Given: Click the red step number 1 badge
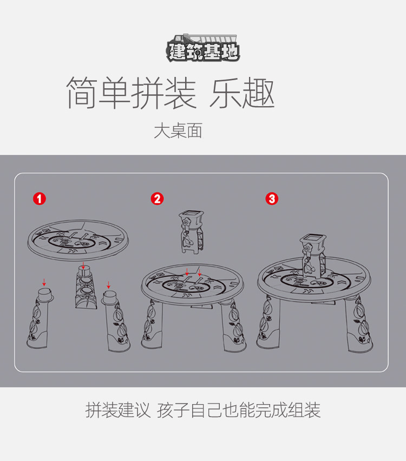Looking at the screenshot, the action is point(40,199).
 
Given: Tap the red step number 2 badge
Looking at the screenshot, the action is point(157,199).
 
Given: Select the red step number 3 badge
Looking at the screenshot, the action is point(272,199).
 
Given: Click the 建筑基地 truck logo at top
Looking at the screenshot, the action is point(202,48).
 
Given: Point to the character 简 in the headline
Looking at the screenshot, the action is point(82,92).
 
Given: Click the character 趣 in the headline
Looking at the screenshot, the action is point(258,92).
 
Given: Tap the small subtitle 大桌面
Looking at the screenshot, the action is point(178,131).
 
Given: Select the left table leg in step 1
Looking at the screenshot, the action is point(40,318).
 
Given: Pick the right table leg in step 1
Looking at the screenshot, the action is point(116,321).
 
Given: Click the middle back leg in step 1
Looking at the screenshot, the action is point(85,288).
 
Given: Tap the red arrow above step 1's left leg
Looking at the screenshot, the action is point(44,283).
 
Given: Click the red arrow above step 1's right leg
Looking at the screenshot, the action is point(108,285).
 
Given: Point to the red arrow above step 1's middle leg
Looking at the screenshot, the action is point(83,265).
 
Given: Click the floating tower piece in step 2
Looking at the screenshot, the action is point(192,231).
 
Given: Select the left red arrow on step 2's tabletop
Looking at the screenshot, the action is point(187,271).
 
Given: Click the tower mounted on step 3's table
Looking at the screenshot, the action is point(313,255).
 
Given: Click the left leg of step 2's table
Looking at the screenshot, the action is point(151,324).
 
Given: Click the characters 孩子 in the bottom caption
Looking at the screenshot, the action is point(173,410).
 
